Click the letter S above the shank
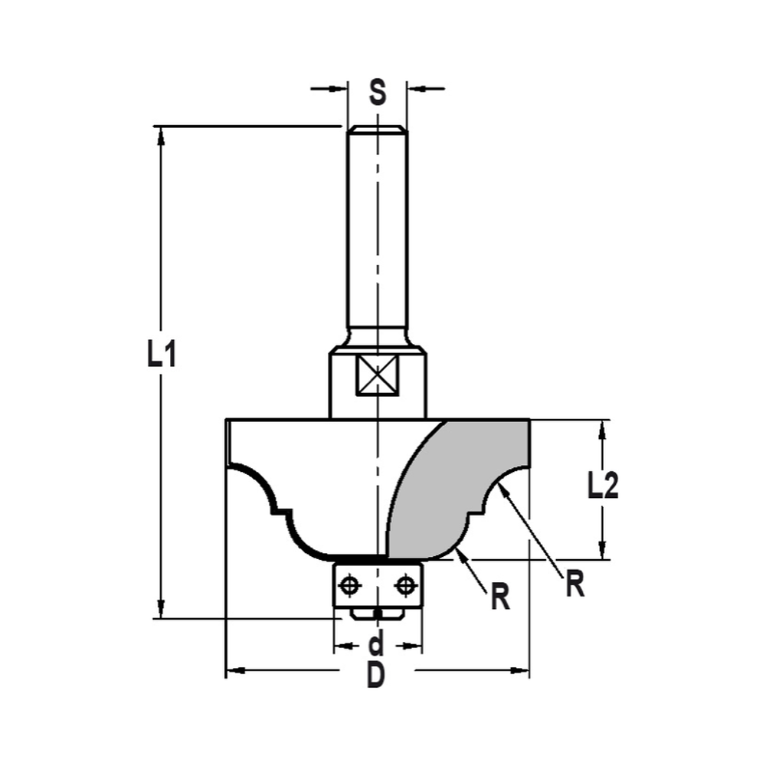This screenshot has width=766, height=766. click(x=377, y=93)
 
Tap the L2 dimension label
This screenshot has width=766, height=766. click(x=603, y=486)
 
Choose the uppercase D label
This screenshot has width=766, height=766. click(x=375, y=675)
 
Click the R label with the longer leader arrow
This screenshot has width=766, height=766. click(x=574, y=585)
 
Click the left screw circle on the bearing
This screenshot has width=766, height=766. click(x=350, y=586)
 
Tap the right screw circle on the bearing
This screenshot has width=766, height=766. click(x=404, y=586)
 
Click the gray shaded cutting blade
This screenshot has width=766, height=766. click(x=460, y=483)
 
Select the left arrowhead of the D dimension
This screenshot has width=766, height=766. click(x=234, y=671)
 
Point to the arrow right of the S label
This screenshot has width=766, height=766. click(x=417, y=89)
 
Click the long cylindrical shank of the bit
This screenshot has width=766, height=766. click(x=377, y=230)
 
